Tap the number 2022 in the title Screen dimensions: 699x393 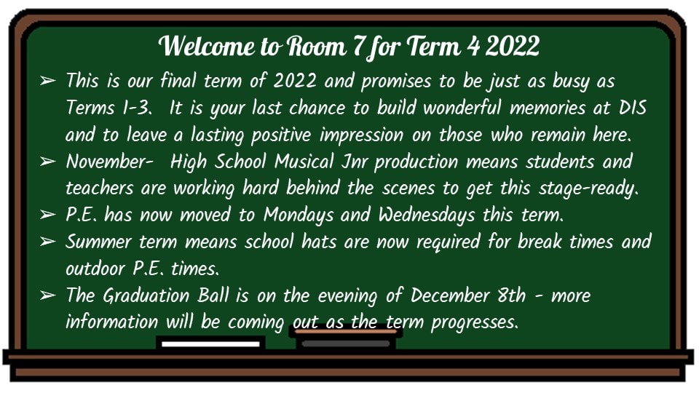(x=512, y=46)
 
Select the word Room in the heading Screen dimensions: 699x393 (x=315, y=46)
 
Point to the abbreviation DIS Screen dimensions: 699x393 (x=633, y=108)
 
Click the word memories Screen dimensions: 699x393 (x=548, y=108)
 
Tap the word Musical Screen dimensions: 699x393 (x=304, y=162)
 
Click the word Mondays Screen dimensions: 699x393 (x=299, y=215)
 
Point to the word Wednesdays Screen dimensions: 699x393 (x=427, y=215)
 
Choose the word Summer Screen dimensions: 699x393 (x=98, y=242)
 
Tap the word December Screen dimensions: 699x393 (x=450, y=295)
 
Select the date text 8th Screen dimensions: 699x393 (x=512, y=295)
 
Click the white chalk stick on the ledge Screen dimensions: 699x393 (x=210, y=344)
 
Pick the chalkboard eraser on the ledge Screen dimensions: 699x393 (x=345, y=338)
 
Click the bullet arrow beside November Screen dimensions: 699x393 (x=48, y=162)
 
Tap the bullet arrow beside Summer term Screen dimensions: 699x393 (x=48, y=242)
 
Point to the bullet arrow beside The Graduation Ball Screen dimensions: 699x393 (x=48, y=295)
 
